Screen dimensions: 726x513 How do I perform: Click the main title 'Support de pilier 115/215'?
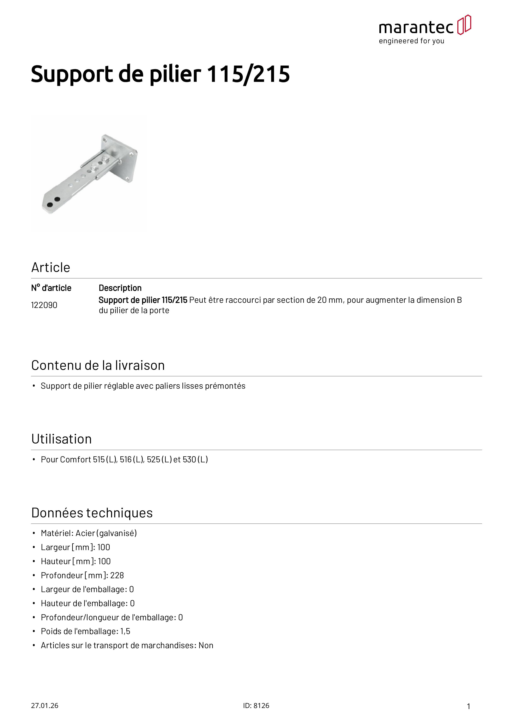coord(160,74)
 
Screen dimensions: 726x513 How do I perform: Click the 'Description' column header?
coord(120,288)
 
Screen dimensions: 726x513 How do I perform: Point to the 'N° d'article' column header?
coord(51,288)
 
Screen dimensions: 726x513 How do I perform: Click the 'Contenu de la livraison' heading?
coord(98,365)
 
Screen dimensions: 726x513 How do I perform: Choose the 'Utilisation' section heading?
coord(62,439)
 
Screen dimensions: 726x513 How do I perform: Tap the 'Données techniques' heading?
coord(92,513)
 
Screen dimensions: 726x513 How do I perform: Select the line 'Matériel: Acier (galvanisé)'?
coord(89,533)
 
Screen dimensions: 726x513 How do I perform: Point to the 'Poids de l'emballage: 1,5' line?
coord(85,631)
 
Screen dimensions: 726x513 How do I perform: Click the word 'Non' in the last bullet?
coord(206,645)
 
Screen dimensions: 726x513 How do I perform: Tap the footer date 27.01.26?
coord(44,706)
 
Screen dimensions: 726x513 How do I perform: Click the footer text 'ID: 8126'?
coord(256,706)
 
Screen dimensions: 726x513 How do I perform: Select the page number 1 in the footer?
coord(469,706)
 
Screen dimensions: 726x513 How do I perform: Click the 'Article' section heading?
coord(50,268)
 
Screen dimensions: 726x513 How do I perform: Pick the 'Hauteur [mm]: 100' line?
coord(76,561)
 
